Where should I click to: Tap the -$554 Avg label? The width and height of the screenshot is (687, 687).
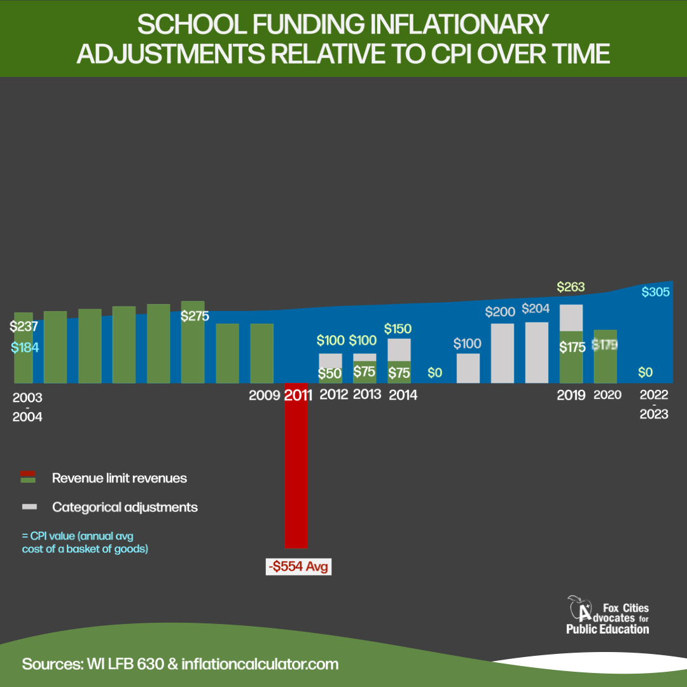299,566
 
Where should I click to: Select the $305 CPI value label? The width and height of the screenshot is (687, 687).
655,292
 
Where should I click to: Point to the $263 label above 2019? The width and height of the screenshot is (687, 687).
571,287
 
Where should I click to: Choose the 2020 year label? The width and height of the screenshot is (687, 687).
607,395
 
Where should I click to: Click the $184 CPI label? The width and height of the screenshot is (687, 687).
25,348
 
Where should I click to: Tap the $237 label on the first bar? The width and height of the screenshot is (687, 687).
24,327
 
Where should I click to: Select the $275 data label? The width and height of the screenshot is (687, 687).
195,316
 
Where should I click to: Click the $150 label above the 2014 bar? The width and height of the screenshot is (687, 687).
398,329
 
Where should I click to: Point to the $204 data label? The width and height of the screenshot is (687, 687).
536,309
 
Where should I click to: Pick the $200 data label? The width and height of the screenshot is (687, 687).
499,312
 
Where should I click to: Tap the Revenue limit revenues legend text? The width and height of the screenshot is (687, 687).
120,478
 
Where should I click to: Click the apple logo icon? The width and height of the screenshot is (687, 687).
580,609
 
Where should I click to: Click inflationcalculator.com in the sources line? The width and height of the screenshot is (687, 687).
260,664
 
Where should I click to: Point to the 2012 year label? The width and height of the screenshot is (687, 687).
334,394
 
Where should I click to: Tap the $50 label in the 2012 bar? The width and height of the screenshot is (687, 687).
330,373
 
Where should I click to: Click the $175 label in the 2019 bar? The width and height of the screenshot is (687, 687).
571,348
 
